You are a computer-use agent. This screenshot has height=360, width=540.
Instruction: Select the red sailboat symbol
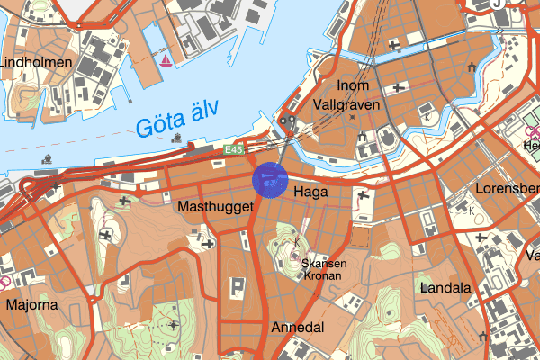coord(166,61)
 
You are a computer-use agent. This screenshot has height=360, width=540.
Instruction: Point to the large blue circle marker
coord(270,179)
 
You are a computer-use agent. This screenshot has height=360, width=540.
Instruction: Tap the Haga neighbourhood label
coord(310,193)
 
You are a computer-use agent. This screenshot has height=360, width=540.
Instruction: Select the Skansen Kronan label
coord(324,269)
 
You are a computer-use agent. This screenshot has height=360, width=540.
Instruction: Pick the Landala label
coord(445,289)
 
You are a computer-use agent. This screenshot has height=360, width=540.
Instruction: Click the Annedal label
coord(297,328)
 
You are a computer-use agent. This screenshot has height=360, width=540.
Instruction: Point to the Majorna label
coord(32,304)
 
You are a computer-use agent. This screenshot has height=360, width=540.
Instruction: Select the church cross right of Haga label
coord(364,195)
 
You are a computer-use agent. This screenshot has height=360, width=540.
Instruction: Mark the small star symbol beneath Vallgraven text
coord(352,117)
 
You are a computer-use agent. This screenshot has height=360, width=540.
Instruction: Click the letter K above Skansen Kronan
coord(296,243)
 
